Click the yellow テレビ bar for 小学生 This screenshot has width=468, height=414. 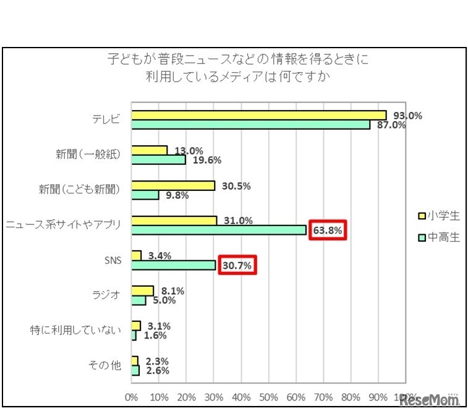(258, 115)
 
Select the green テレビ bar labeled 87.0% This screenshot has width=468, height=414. (250, 124)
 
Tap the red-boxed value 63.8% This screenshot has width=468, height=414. (328, 230)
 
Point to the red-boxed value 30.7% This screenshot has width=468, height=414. (236, 266)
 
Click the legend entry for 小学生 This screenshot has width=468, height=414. (439, 216)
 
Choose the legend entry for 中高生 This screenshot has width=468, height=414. (439, 237)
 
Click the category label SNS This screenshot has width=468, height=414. (113, 260)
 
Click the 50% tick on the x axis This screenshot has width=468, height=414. (268, 397)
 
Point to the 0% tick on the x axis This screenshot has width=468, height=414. (132, 397)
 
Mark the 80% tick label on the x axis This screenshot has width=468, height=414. (351, 397)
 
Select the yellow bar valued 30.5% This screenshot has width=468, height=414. (173, 185)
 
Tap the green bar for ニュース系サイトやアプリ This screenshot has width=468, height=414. (219, 230)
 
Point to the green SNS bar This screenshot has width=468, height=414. (174, 265)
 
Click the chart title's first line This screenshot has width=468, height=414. (237, 61)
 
